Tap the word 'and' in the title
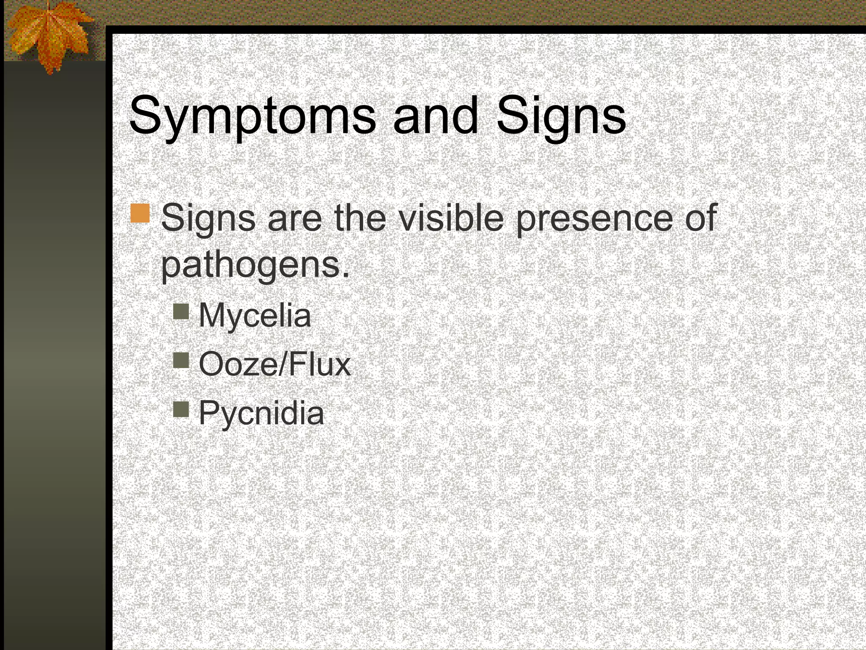point(436,115)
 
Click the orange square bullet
point(140,213)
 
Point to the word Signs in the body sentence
point(208,218)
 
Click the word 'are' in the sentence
point(294,218)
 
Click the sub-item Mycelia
point(255,315)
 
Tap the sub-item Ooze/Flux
point(275,364)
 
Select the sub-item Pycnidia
point(261,413)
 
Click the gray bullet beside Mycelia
point(181,312)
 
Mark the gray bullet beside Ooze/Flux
point(181,361)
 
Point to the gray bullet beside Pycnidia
point(181,409)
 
